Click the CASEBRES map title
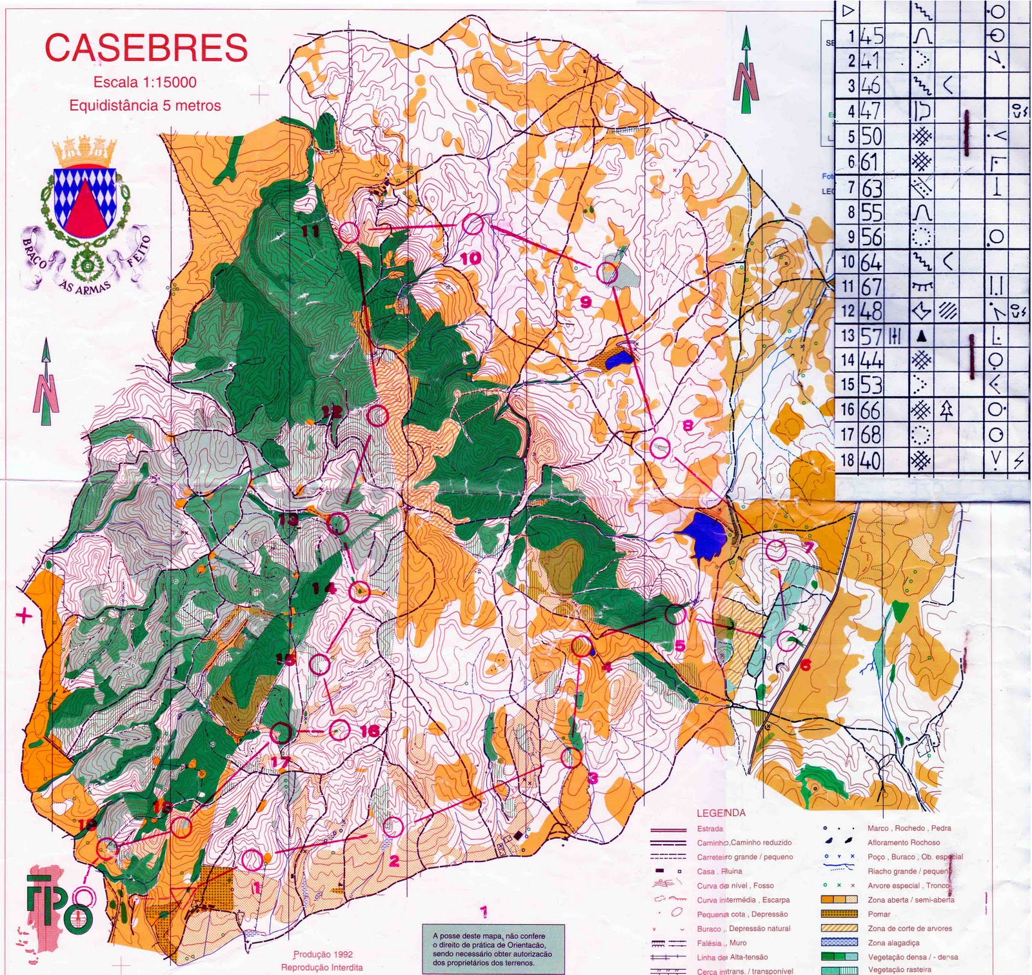[146, 48]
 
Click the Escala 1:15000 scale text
[144, 82]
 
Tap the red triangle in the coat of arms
[84, 210]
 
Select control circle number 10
[472, 224]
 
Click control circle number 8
[659, 447]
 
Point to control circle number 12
[377, 416]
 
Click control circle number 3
[571, 758]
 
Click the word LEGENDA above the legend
[720, 813]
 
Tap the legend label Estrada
[709, 829]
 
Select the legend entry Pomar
[878, 914]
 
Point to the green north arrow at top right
[746, 71]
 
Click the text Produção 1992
[322, 954]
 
